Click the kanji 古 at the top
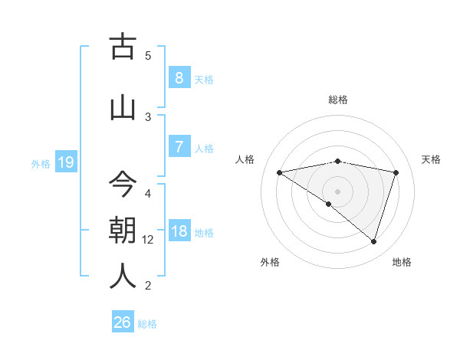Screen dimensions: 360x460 123,47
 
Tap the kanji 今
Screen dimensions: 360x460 123,184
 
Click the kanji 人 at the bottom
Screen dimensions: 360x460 123,277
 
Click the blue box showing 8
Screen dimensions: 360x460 179,77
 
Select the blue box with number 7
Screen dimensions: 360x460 179,147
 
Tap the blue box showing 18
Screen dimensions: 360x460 179,231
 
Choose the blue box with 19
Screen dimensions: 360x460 66,162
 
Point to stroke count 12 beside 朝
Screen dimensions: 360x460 148,240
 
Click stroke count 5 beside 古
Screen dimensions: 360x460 148,56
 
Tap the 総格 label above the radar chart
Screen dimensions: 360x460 337,100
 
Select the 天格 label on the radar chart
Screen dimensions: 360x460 432,159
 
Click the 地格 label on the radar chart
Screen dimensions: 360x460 402,262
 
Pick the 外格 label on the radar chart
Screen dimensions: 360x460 270,262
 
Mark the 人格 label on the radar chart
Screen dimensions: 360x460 245,159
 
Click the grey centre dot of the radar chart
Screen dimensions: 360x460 337,190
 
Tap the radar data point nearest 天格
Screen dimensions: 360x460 396,172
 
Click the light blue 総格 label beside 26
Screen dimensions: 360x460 147,324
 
